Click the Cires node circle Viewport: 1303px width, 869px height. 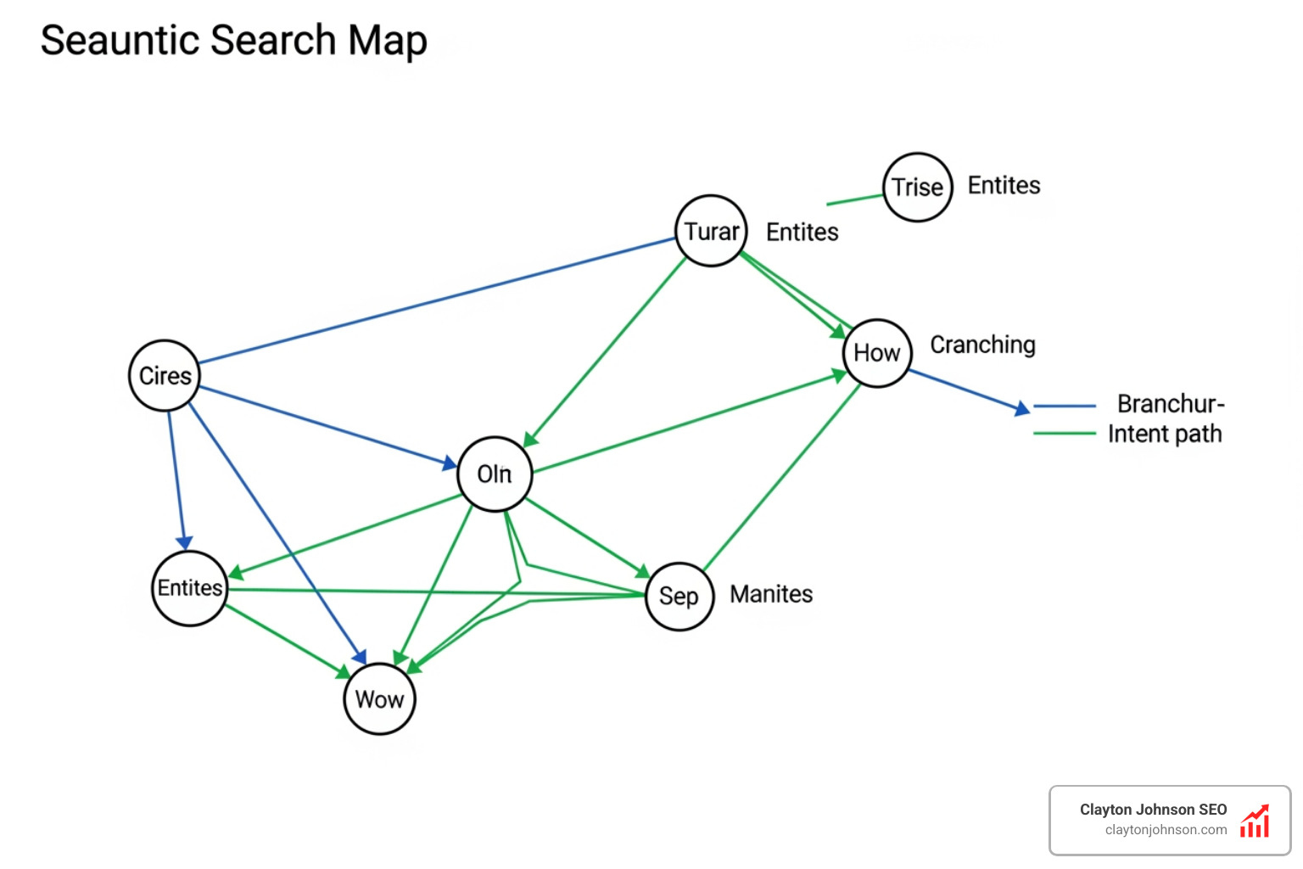pyautogui.click(x=165, y=376)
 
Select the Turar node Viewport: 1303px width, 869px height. pyautogui.click(x=711, y=231)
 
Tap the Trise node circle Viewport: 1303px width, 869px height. pyautogui.click(x=918, y=187)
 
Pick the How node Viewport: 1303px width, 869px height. pyautogui.click(x=877, y=353)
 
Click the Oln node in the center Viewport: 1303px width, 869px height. pyautogui.click(x=495, y=474)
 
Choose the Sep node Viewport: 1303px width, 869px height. pyautogui.click(x=679, y=596)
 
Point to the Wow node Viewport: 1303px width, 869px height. pyautogui.click(x=379, y=699)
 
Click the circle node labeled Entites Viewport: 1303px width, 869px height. pyautogui.click(x=190, y=588)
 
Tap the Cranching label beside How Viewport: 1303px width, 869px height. pyautogui.click(x=982, y=345)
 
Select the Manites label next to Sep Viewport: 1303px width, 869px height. pyautogui.click(x=771, y=594)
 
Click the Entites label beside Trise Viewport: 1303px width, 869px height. pyautogui.click(x=1004, y=186)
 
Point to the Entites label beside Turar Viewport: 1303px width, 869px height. pyautogui.click(x=802, y=233)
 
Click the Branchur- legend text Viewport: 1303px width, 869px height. pyautogui.click(x=1171, y=404)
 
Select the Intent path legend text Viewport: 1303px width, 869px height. pyautogui.click(x=1165, y=434)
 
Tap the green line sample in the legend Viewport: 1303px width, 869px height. pyautogui.click(x=1065, y=434)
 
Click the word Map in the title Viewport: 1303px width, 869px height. pyautogui.click(x=387, y=41)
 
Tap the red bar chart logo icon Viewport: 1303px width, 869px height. pyautogui.click(x=1255, y=821)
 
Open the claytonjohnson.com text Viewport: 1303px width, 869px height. pyautogui.click(x=1166, y=830)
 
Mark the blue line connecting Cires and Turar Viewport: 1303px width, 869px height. pyautogui.click(x=437, y=300)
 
